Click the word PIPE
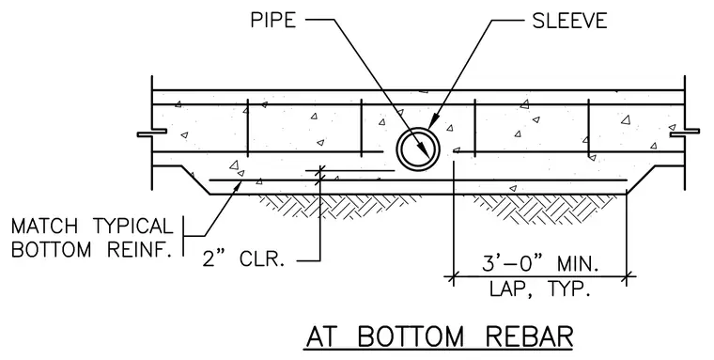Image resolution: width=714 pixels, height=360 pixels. pyautogui.click(x=272, y=20)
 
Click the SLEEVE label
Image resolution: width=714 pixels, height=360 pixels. pyautogui.click(x=569, y=21)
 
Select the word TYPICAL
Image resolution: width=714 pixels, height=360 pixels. pyautogui.click(x=133, y=227)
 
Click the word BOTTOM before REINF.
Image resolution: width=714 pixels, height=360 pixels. pyautogui.click(x=51, y=249)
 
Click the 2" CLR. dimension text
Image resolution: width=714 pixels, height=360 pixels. pyautogui.click(x=243, y=258)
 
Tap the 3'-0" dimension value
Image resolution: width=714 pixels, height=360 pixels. pyautogui.click(x=513, y=264)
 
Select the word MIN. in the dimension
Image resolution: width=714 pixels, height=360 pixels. pyautogui.click(x=578, y=264)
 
